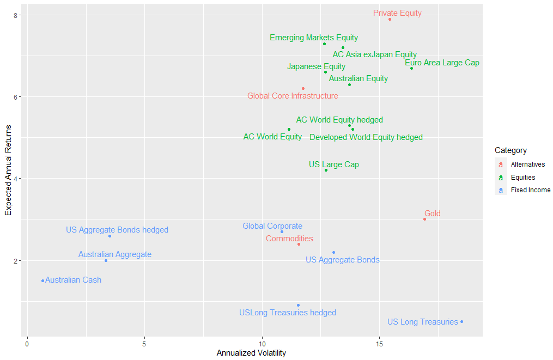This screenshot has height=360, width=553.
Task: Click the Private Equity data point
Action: click(x=390, y=19)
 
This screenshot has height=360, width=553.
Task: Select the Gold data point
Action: click(x=424, y=219)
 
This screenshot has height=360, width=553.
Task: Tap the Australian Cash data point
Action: click(x=42, y=280)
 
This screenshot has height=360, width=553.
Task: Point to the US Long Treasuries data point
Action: click(x=461, y=321)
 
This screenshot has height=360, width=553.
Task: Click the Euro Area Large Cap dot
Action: click(x=411, y=68)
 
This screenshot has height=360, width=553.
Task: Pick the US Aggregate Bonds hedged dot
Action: click(x=110, y=236)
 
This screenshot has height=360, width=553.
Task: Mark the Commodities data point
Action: click(x=299, y=244)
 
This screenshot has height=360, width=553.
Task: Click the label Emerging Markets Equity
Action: click(x=314, y=38)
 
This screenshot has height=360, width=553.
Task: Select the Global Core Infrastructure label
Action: click(x=293, y=96)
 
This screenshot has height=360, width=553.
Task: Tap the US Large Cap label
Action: click(x=333, y=164)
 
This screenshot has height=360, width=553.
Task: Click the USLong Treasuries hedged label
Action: click(x=287, y=313)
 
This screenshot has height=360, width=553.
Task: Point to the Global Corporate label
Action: click(x=272, y=226)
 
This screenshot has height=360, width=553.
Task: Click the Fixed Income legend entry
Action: click(x=530, y=190)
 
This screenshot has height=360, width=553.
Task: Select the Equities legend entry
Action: click(x=522, y=178)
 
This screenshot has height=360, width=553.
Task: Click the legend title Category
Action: click(x=511, y=150)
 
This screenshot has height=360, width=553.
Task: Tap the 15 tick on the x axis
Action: click(x=380, y=344)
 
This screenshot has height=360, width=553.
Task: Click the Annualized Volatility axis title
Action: click(x=251, y=353)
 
